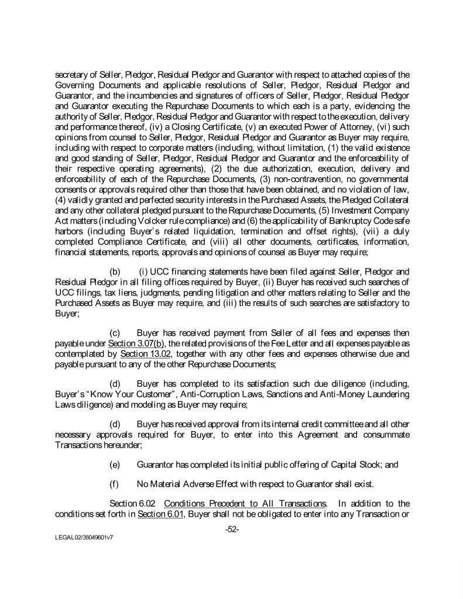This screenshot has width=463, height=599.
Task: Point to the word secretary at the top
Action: [73, 74]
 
